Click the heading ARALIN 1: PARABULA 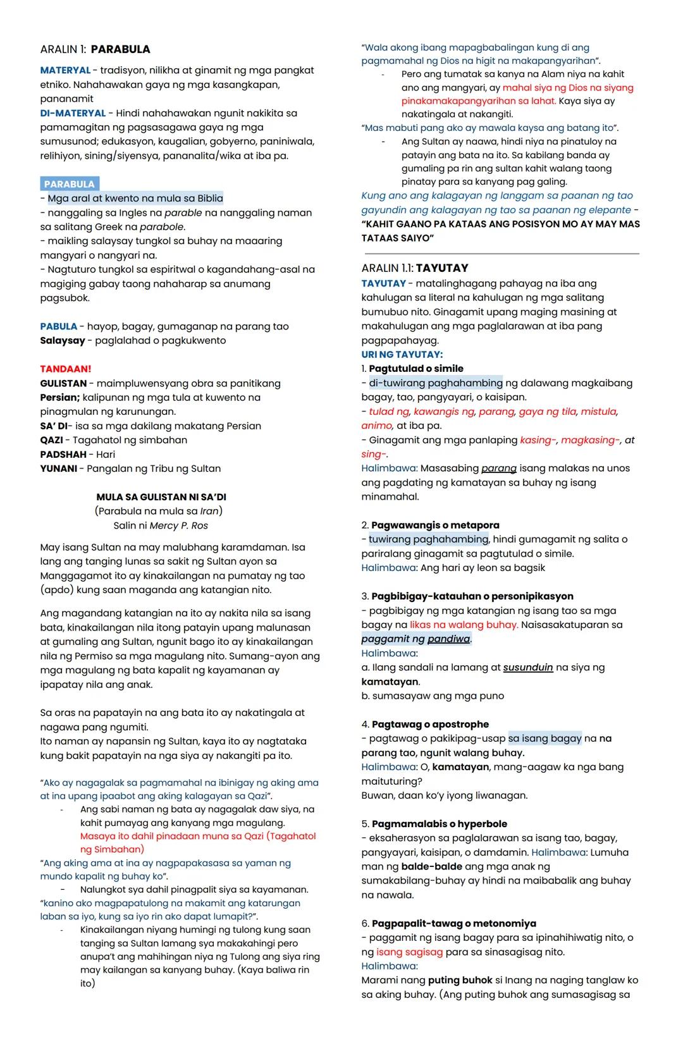point(95,49)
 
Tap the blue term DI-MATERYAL point(73,113)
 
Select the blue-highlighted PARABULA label point(70,184)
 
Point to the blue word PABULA point(58,326)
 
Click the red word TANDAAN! point(65,369)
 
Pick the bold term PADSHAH point(63,454)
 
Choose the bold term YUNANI point(58,469)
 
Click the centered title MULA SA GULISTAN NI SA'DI point(161,497)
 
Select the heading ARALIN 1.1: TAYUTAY point(415,268)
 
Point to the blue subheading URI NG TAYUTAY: point(402,355)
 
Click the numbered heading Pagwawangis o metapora point(435,525)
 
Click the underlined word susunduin point(528,667)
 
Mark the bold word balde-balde point(433,866)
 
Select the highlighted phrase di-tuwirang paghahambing point(436,383)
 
